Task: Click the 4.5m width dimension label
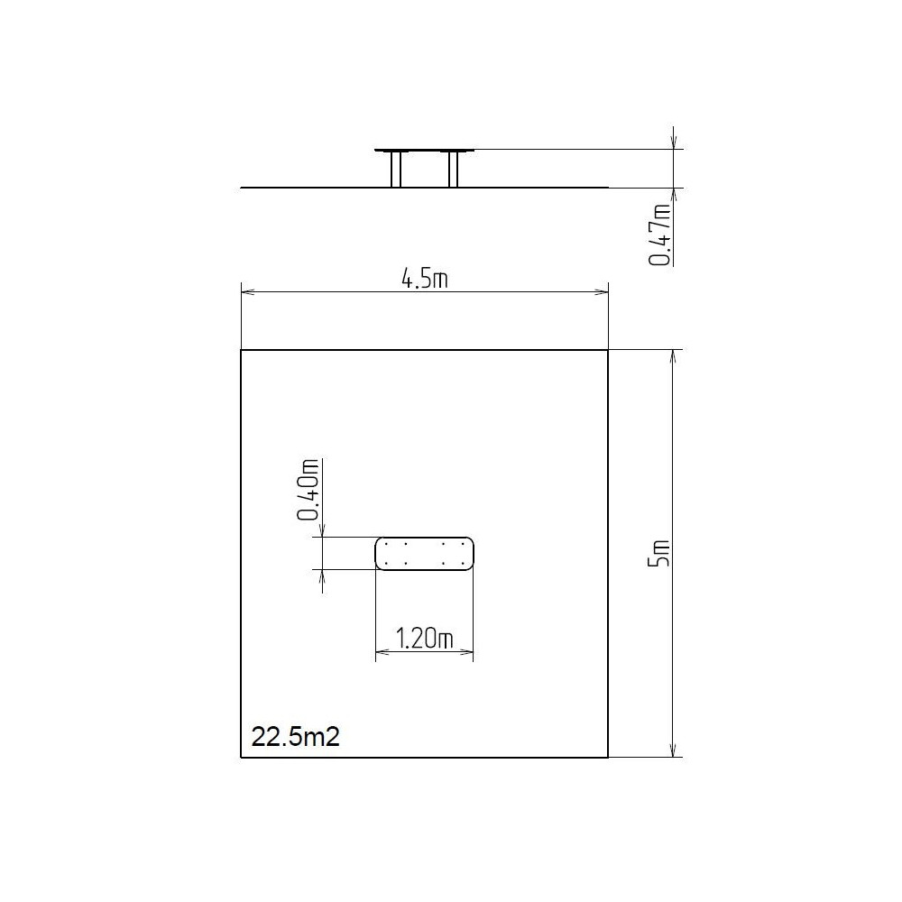coord(425,279)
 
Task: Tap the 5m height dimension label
coord(659,554)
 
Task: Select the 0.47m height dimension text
coord(660,235)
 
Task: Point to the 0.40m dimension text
coord(308,490)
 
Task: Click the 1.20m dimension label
coord(425,639)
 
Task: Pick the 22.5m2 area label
coord(296,736)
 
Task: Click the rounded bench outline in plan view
coord(425,538)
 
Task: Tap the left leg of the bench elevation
coord(396,170)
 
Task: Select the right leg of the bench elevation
coord(454,170)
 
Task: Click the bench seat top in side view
coord(425,150)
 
